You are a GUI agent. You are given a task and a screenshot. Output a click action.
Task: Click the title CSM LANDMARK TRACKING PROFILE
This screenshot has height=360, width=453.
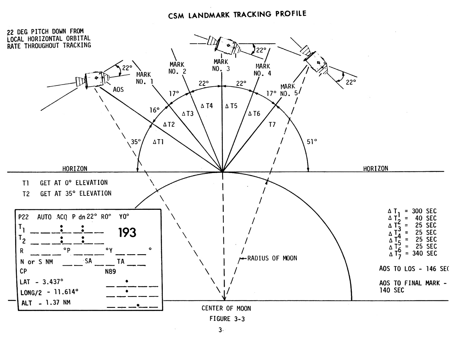click(237, 15)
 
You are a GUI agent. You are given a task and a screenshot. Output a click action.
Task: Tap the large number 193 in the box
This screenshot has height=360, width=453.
click(127, 232)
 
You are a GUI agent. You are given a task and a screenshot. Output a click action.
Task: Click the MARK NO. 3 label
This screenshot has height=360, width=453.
click(221, 65)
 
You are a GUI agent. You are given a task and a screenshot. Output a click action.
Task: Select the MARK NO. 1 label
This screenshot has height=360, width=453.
click(144, 78)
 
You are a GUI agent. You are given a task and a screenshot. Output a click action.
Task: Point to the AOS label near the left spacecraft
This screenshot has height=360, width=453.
click(118, 90)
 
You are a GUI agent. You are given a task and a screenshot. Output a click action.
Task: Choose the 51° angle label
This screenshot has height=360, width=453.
click(312, 142)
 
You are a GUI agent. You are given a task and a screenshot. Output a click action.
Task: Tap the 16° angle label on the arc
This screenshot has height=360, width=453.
click(154, 110)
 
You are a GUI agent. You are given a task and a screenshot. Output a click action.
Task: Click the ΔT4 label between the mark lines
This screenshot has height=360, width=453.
click(207, 106)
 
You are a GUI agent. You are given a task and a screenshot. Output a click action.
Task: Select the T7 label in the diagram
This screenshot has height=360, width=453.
click(272, 125)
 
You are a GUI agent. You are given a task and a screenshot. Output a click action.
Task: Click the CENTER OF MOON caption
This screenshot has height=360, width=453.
click(226, 308)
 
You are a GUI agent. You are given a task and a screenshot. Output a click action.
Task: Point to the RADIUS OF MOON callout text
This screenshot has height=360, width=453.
click(272, 258)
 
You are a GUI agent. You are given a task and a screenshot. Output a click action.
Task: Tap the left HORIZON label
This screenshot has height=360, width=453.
click(75, 169)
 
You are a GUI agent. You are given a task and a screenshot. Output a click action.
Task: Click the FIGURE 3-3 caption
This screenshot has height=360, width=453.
click(227, 319)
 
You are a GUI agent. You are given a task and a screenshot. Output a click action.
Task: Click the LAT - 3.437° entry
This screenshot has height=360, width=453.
click(41, 282)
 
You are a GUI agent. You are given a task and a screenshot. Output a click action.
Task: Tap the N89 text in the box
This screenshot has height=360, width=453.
click(110, 271)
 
